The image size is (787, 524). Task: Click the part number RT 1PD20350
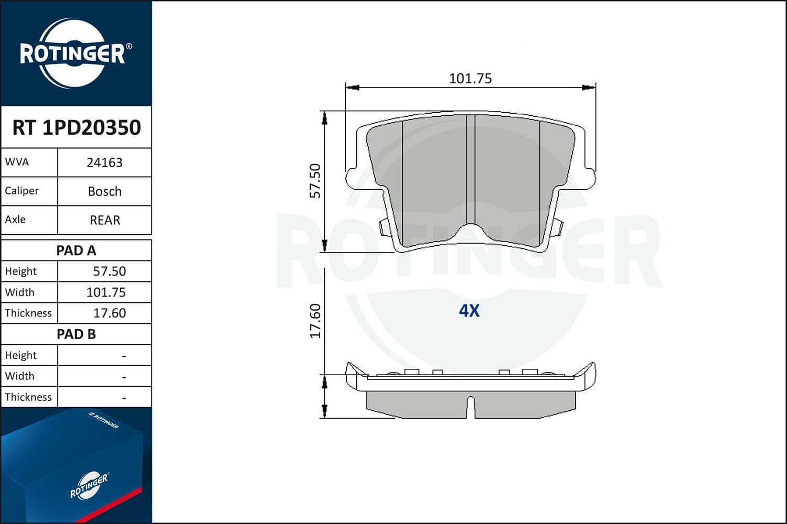(77, 127)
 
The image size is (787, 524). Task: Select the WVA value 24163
(104, 162)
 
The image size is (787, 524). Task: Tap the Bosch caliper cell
(104, 191)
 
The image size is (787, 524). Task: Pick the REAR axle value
(104, 220)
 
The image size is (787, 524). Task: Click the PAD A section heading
(76, 250)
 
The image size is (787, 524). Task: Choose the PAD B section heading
(76, 334)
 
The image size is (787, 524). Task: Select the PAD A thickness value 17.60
(109, 313)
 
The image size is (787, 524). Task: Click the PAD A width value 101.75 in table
(106, 292)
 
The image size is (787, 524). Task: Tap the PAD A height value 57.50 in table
(109, 271)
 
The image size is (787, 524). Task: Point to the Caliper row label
(22, 191)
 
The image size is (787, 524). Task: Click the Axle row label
(15, 220)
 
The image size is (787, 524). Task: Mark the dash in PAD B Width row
(124, 377)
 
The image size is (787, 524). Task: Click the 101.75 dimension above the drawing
(470, 79)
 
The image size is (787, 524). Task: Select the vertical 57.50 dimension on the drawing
(315, 181)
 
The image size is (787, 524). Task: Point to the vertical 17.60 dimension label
(315, 321)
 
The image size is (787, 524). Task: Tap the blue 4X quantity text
(469, 311)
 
